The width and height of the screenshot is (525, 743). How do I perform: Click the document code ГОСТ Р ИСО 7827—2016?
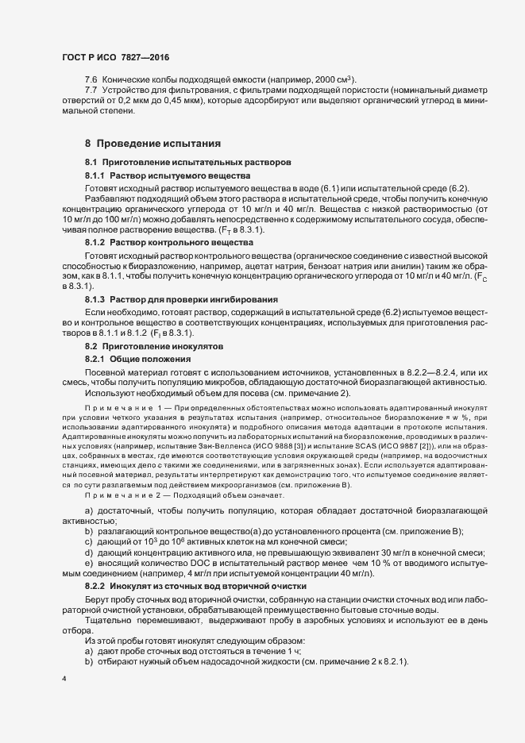115,57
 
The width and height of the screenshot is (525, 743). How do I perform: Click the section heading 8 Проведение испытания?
141,144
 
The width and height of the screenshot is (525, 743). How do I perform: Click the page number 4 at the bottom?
64,679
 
